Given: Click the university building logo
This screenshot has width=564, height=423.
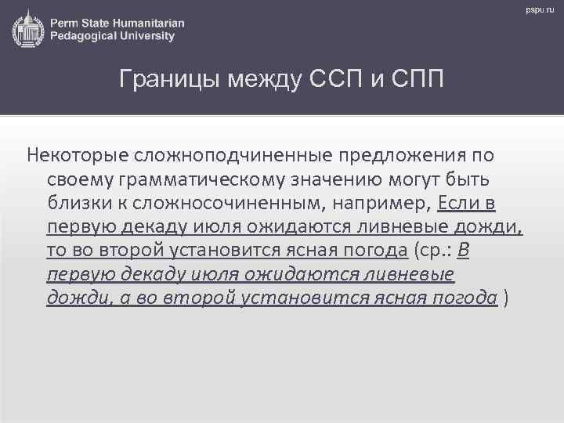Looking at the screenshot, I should pyautogui.click(x=28, y=28).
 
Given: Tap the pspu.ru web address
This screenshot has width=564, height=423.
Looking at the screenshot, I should pyautogui.click(x=540, y=9).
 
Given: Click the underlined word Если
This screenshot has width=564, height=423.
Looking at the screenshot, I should pyautogui.click(x=456, y=204).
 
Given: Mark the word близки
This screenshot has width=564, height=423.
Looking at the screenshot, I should pyautogui.click(x=75, y=204).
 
